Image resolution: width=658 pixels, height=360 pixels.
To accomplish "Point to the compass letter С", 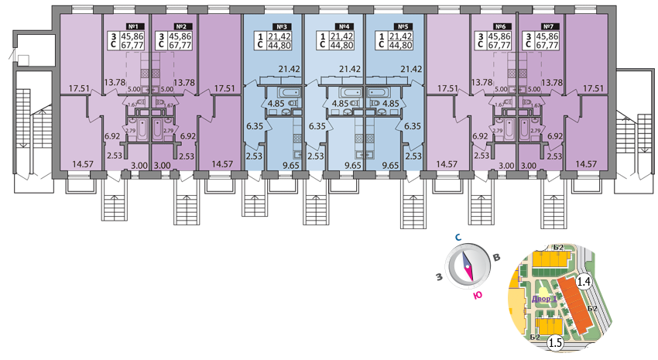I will [x=458, y=239].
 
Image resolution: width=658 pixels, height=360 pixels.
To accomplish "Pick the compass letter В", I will [x=498, y=258].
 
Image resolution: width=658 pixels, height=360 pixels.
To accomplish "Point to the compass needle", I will [x=468, y=267].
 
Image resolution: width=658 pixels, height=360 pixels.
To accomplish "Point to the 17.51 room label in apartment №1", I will [x=77, y=89].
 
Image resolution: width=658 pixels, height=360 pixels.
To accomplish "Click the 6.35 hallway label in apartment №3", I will [x=255, y=125].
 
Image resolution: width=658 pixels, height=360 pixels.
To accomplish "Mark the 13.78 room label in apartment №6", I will [x=482, y=82].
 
